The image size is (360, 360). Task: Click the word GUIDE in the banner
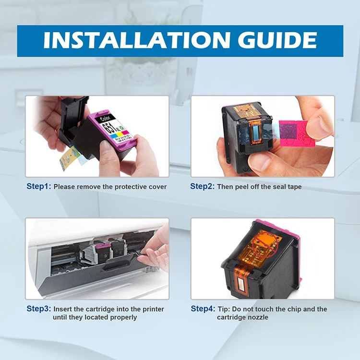tap(277, 40)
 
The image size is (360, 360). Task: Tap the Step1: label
tap(39, 186)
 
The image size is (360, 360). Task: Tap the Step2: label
tap(202, 186)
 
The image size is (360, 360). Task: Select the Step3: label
tap(39, 309)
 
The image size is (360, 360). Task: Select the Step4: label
tap(203, 309)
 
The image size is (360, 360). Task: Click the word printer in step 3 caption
tap(153, 309)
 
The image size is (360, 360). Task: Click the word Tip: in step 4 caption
tap(224, 309)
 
